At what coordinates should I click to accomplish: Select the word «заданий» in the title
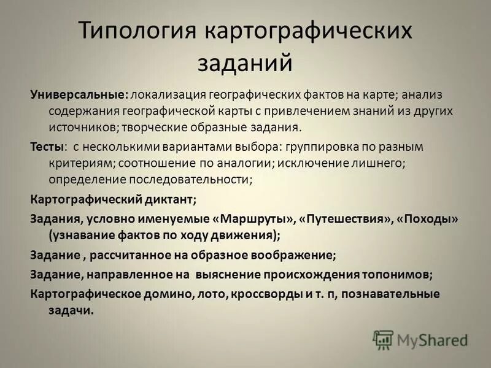click(x=245, y=62)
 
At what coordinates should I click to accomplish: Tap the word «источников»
click(x=80, y=128)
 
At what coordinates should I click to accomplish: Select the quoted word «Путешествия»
click(x=344, y=219)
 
